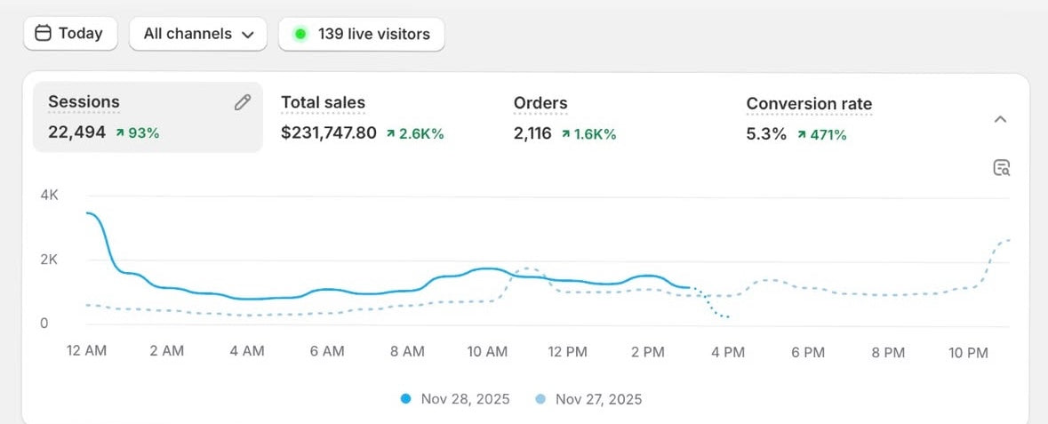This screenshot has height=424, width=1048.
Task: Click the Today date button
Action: coord(68,34)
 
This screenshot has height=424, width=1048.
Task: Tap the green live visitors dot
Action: coord(300,35)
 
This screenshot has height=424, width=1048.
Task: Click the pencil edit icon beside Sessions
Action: coord(243,102)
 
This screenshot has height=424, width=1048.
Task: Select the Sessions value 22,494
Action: coord(76,133)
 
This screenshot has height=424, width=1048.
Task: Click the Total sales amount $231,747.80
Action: coord(329,133)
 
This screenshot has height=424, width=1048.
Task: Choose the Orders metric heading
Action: coord(540,103)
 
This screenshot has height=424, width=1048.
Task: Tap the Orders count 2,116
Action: coord(532,133)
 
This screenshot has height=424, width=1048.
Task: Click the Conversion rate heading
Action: coord(809,103)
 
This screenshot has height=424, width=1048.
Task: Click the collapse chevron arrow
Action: coord(1000,119)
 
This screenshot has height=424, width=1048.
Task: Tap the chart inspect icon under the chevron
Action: coord(1002,168)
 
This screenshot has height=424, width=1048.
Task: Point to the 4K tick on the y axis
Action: coord(49,195)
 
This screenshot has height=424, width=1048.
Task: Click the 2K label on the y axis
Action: coord(49,260)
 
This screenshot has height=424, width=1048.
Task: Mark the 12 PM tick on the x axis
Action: coord(567,352)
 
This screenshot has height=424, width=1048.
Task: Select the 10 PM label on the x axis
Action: coord(968,352)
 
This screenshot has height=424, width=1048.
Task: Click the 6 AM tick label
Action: coord(327,352)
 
